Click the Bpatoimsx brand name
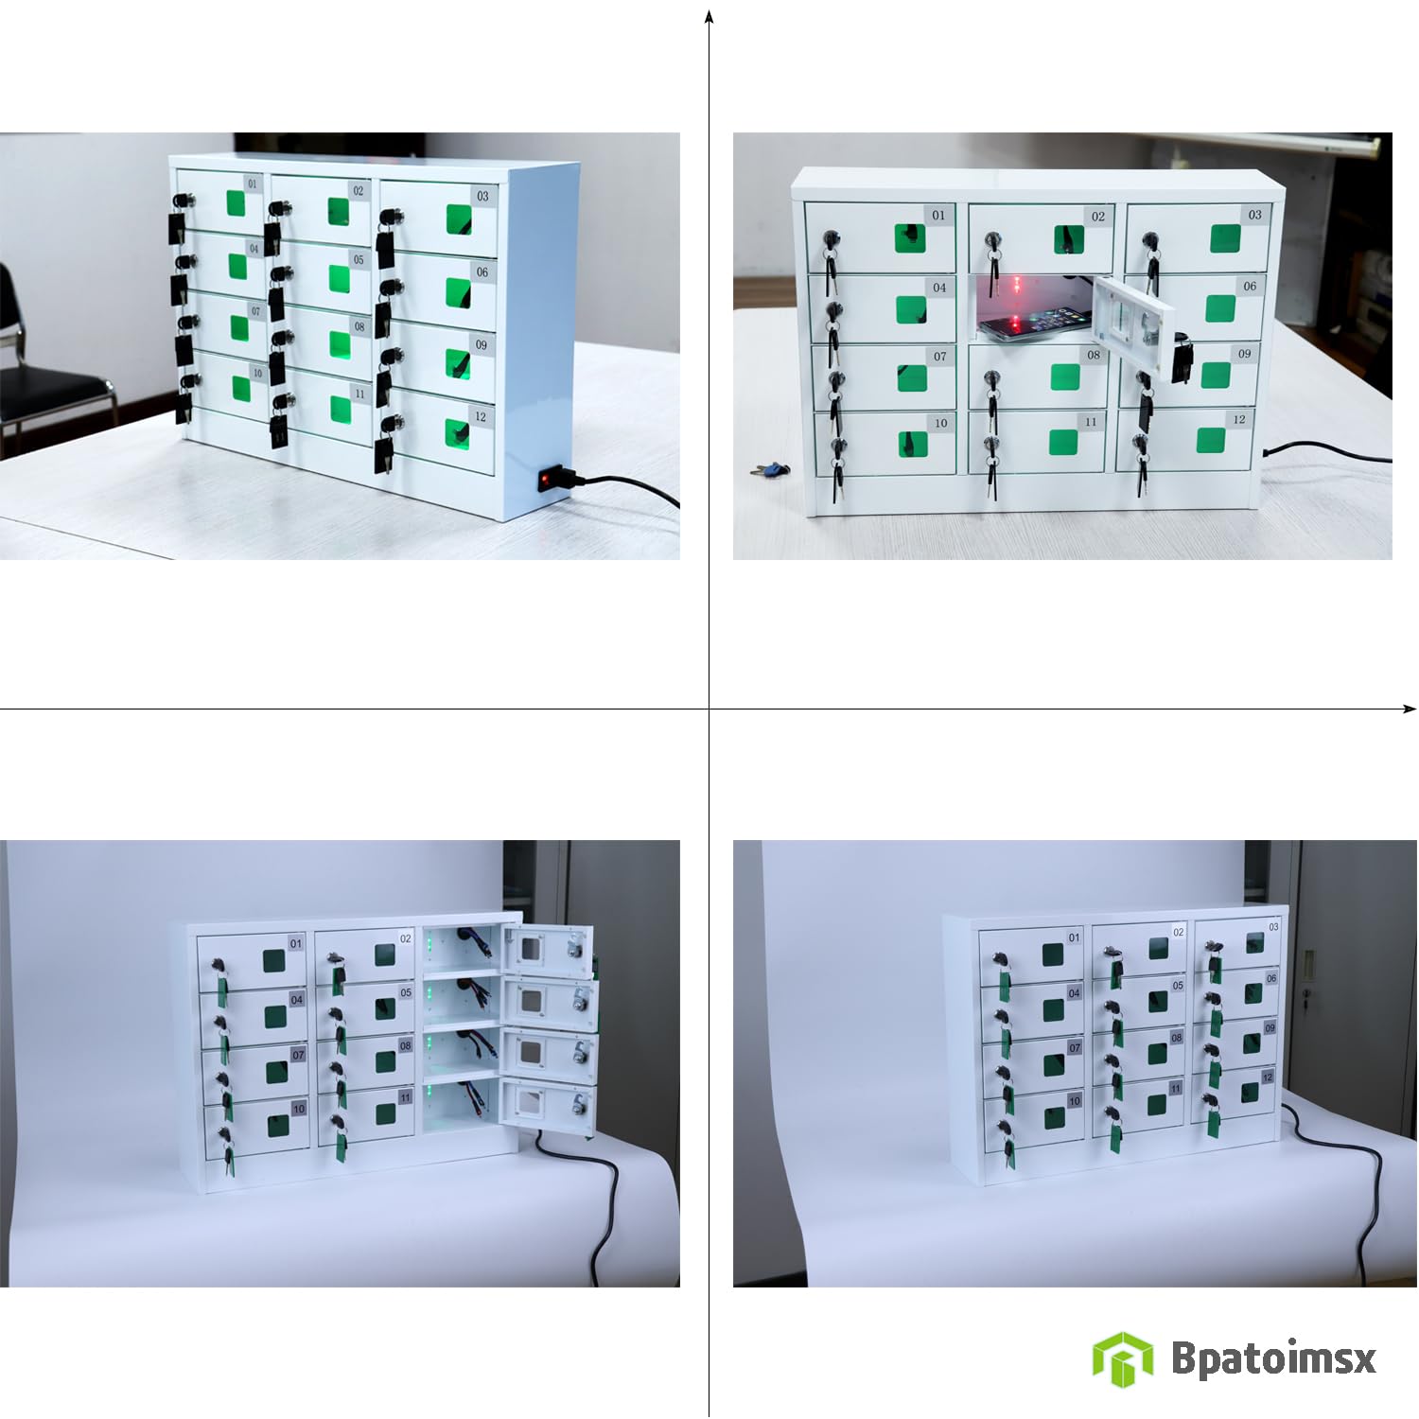[x=1273, y=1358]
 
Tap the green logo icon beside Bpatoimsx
[x=1122, y=1358]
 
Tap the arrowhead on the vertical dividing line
[x=709, y=16]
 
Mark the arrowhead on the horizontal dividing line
[x=1410, y=709]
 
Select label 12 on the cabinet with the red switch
[x=481, y=417]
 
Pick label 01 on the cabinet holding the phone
[x=938, y=216]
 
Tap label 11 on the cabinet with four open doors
[x=405, y=1098]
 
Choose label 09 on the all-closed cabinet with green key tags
[x=1270, y=1027]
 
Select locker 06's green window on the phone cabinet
[x=1220, y=308]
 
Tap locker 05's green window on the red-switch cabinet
[x=339, y=278]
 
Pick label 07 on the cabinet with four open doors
[x=298, y=1055]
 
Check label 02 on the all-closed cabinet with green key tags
[x=1178, y=932]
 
